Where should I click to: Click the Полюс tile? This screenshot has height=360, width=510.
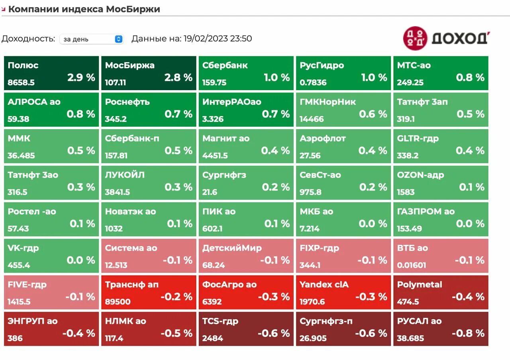tap(51, 73)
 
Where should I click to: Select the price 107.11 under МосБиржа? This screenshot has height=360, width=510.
tap(116, 83)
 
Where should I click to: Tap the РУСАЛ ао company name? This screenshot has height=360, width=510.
tap(419, 321)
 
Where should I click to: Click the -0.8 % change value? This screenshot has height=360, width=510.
tap(469, 333)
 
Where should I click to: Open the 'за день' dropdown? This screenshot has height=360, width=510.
tap(92, 39)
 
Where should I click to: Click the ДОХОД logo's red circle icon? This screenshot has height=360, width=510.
tap(415, 38)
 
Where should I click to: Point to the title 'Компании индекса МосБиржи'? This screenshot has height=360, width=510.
tap(84, 9)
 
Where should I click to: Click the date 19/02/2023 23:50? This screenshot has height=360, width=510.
tap(218, 39)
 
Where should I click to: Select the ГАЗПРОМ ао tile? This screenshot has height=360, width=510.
tap(441, 219)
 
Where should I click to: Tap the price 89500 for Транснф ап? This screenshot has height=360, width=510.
tap(118, 302)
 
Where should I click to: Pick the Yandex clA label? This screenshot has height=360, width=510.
tap(324, 285)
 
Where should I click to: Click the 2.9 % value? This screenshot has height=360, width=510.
tap(81, 77)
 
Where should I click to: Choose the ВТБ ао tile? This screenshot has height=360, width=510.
tap(441, 256)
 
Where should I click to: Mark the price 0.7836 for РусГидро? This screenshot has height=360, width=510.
tap(313, 83)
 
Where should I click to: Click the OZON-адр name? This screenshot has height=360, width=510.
tap(420, 175)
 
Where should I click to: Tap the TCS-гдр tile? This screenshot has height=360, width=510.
tap(246, 329)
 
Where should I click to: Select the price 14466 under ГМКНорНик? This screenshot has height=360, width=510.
tap(312, 119)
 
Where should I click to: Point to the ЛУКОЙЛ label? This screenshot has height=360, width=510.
tap(125, 175)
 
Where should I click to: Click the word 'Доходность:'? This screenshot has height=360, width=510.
tap(28, 39)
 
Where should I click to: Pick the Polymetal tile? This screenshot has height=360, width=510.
tap(441, 293)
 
